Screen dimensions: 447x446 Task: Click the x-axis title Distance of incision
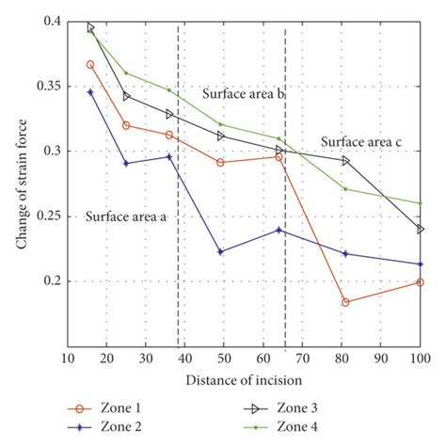(x=244, y=380)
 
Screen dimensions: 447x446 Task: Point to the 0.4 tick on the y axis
(x=48, y=21)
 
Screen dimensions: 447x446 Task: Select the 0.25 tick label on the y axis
(x=44, y=216)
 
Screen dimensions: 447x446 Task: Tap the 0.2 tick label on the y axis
(x=48, y=280)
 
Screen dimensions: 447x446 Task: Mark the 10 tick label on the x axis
(x=68, y=359)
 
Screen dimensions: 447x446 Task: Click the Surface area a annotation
(x=126, y=216)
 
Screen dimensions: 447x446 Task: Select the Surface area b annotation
(x=244, y=94)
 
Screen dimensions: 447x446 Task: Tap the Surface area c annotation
(x=362, y=142)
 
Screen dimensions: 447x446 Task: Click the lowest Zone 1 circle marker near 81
(x=345, y=302)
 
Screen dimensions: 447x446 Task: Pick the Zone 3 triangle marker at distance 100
(x=420, y=229)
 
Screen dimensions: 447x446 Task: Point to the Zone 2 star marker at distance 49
(x=220, y=251)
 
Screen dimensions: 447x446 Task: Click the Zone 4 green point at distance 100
(x=420, y=203)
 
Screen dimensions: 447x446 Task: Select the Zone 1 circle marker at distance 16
(x=90, y=64)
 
